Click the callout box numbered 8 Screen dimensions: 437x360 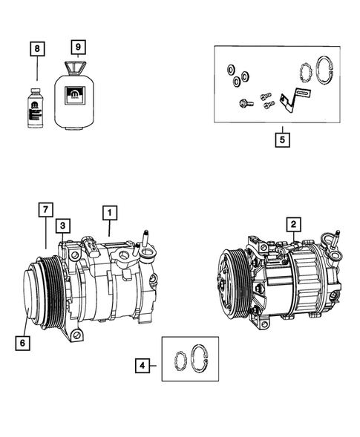pyautogui.click(x=36, y=49)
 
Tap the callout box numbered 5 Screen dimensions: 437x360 pyautogui.click(x=282, y=138)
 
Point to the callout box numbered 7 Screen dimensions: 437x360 pyautogui.click(x=46, y=210)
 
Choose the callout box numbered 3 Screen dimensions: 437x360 pyautogui.click(x=64, y=224)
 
